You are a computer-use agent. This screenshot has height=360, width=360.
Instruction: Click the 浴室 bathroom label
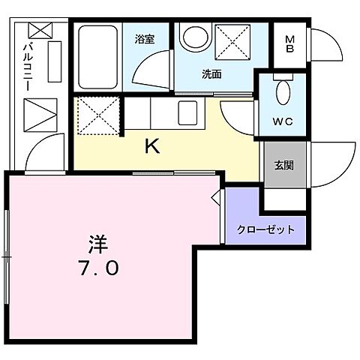[x=145, y=40]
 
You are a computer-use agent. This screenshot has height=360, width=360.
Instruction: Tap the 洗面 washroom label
[x=211, y=73]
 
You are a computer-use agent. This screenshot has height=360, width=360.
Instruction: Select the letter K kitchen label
[x=151, y=147]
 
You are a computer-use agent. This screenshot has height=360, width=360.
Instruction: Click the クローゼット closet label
[x=266, y=229]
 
